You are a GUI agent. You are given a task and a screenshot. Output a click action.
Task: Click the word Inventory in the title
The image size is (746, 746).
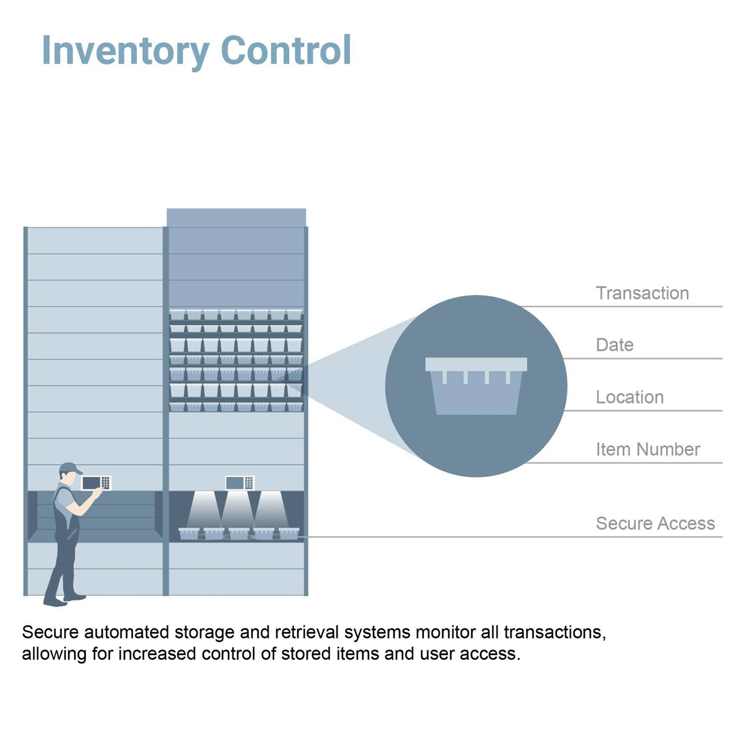[126, 52]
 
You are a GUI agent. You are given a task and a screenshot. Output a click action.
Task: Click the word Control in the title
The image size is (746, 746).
[286, 50]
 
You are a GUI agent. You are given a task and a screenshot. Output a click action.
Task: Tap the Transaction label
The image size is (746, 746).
[642, 293]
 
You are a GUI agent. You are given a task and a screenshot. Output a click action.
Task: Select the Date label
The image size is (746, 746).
[614, 344]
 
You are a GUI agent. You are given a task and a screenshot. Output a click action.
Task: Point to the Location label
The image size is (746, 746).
[630, 397]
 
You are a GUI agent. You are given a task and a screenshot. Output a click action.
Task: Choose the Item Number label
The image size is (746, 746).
[648, 449]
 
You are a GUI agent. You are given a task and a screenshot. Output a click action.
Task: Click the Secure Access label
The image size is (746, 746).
[655, 523]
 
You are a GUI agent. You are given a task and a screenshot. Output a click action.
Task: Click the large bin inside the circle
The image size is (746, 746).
[476, 386]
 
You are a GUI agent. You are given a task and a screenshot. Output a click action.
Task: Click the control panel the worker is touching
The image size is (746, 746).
[96, 483]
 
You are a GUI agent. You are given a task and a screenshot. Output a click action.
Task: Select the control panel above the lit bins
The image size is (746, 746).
[239, 483]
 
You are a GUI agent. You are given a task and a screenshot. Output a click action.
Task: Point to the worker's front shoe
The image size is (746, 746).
[75, 597]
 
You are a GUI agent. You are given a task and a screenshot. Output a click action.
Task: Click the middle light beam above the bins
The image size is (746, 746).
[237, 509]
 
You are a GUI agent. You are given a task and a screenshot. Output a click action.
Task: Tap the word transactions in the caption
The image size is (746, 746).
[555, 633]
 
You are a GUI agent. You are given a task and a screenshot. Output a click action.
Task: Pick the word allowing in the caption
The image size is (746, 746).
[54, 654]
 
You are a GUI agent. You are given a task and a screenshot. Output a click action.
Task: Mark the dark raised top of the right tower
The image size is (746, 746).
[236, 218]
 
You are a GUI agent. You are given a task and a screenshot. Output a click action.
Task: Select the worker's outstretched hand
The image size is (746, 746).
[97, 492]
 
